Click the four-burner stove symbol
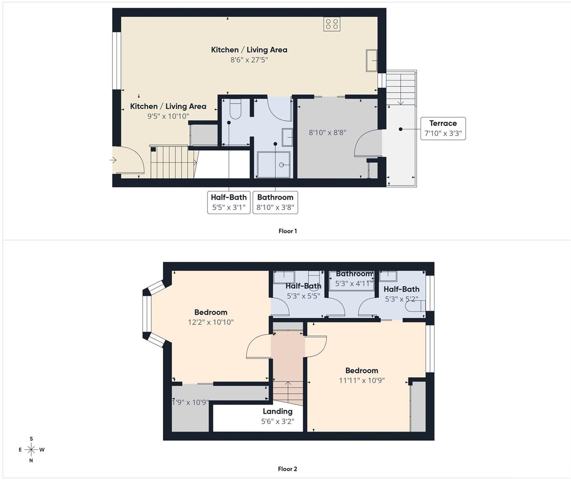pyautogui.click(x=332, y=24)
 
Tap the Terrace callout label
pyautogui.click(x=443, y=128)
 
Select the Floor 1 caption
pyautogui.click(x=287, y=231)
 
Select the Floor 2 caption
pyautogui.click(x=287, y=469)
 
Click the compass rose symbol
pyautogui.click(x=32, y=449)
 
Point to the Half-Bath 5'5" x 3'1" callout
pyautogui.click(x=228, y=202)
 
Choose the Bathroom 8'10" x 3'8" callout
pyautogui.click(x=275, y=202)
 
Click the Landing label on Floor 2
pyautogui.click(x=278, y=411)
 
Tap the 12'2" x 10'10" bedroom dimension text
pyautogui.click(x=210, y=322)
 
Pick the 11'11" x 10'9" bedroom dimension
pyautogui.click(x=362, y=380)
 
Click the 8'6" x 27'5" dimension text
pyautogui.click(x=249, y=60)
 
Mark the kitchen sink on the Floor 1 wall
pyautogui.click(x=372, y=60)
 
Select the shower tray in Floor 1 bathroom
pyautogui.click(x=274, y=164)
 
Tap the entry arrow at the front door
pyautogui.click(x=114, y=160)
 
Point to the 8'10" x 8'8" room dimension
pyautogui.click(x=327, y=132)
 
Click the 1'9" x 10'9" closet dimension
pyautogui.click(x=190, y=402)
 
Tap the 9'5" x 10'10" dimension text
pyautogui.click(x=168, y=116)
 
